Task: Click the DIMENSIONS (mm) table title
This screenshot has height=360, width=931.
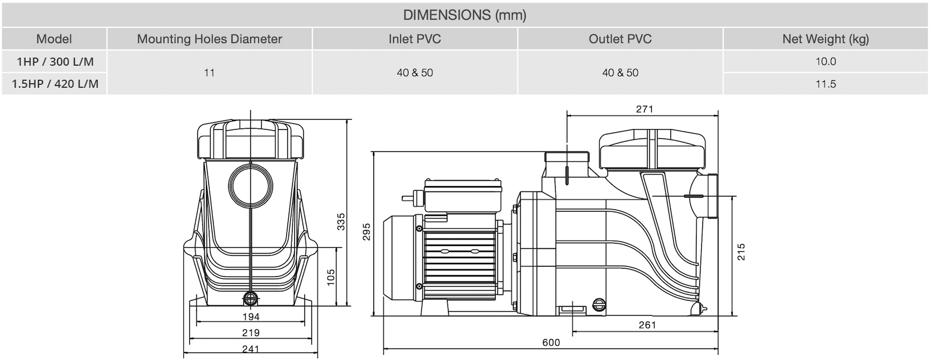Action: pyautogui.click(x=464, y=15)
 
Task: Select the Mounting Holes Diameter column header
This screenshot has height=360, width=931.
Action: pyautogui.click(x=209, y=39)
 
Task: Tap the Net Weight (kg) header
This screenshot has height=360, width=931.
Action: pyautogui.click(x=825, y=39)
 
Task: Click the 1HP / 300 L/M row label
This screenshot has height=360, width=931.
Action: pyautogui.click(x=55, y=61)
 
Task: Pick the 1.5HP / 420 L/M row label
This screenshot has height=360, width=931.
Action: pyautogui.click(x=55, y=84)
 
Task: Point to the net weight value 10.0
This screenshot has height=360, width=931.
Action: pyautogui.click(x=825, y=61)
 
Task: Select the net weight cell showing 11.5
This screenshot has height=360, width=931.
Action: pyautogui.click(x=825, y=84)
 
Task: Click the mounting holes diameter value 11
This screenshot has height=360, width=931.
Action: pyautogui.click(x=209, y=73)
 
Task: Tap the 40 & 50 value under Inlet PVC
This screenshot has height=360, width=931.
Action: pyautogui.click(x=415, y=73)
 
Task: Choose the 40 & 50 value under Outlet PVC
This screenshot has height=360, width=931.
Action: pyautogui.click(x=620, y=73)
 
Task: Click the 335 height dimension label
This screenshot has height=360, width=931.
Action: pyautogui.click(x=341, y=222)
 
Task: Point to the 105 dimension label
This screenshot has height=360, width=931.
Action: pyautogui.click(x=331, y=277)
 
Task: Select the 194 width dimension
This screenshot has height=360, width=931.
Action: pyautogui.click(x=250, y=317)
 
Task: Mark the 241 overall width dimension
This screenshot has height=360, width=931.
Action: pyautogui.click(x=250, y=349)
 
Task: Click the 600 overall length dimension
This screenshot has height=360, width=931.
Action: pyautogui.click(x=551, y=343)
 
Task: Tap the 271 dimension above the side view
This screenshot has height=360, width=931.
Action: pyautogui.click(x=644, y=109)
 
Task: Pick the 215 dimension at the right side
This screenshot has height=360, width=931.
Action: pyautogui.click(x=741, y=252)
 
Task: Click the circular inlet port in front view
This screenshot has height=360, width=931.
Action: pyautogui.click(x=251, y=184)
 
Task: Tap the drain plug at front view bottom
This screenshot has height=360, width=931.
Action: pyautogui.click(x=251, y=299)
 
